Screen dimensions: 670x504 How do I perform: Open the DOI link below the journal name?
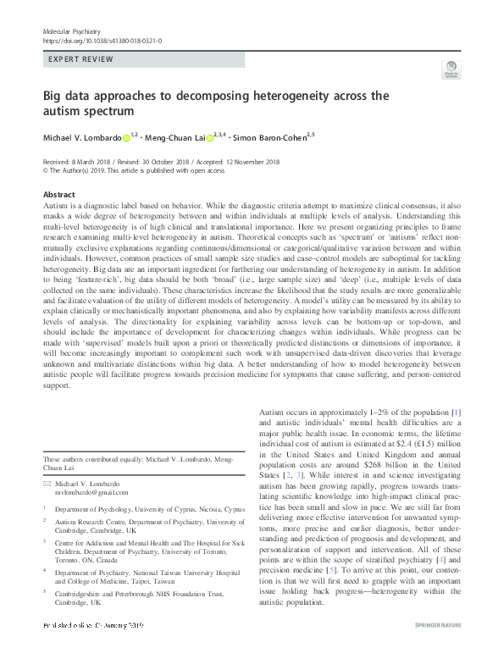[x=102, y=40]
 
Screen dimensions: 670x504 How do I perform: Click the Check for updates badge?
[x=449, y=75]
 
